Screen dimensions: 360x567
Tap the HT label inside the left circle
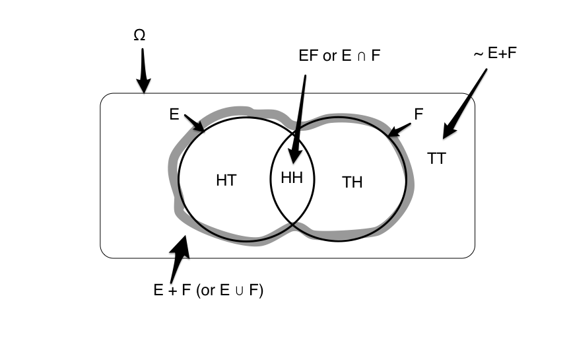(226, 180)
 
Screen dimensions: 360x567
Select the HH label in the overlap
(291, 179)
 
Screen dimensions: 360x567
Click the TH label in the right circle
(352, 182)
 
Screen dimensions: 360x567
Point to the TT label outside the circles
(436, 159)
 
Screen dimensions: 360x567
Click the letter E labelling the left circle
(174, 115)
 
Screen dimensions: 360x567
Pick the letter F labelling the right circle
(418, 114)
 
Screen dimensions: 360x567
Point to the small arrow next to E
(195, 123)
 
